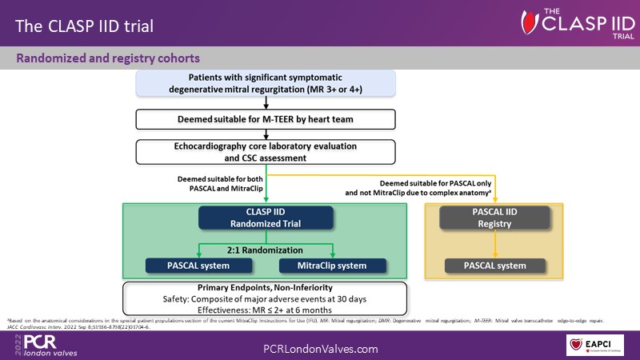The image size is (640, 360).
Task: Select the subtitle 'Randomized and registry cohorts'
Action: tap(109, 58)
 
